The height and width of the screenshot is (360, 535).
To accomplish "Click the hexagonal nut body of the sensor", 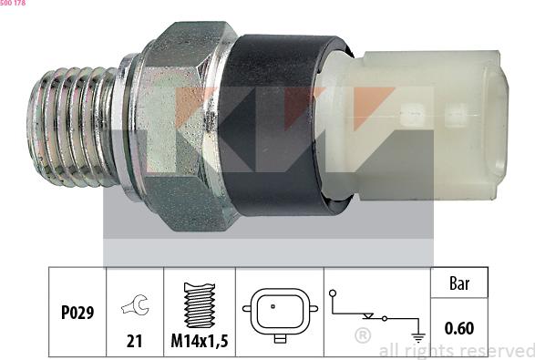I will coord(187,123).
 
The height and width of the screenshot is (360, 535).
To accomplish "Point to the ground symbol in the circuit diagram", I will coord(418,335).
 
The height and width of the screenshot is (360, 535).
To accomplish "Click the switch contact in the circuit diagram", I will coord(369,316).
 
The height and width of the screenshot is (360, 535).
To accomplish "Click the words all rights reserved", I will coord(456,350).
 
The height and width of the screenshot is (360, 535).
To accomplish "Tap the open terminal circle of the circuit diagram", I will coord(334,293).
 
